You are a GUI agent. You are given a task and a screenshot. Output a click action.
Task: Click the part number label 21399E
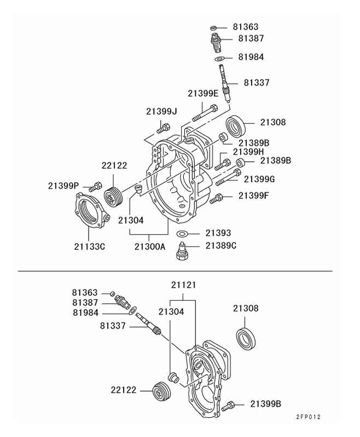[x=203, y=93]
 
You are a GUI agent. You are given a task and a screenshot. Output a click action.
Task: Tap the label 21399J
[x=161, y=111]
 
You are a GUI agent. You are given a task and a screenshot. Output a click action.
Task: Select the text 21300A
[x=149, y=246]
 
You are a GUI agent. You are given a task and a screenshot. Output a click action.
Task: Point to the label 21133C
[x=89, y=246]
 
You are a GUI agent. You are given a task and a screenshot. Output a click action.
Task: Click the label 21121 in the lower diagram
[x=183, y=285]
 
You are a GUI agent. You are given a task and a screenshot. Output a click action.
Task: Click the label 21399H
[x=248, y=152]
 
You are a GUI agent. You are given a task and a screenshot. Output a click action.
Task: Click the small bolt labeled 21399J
[x=163, y=129]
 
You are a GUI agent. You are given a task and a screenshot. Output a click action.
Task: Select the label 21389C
[x=221, y=246]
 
